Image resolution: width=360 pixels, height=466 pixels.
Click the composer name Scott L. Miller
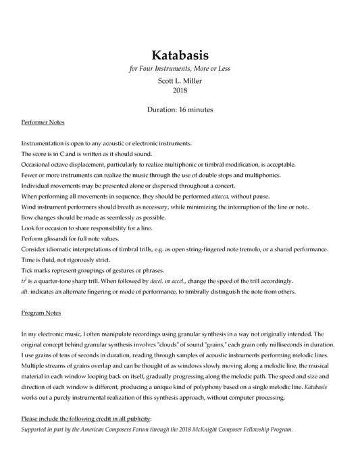[x=180, y=80]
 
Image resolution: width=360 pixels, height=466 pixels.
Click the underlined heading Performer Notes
[x=43, y=124]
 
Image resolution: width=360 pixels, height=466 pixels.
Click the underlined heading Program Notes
[x=42, y=315]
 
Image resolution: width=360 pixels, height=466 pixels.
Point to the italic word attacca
[x=221, y=196]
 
